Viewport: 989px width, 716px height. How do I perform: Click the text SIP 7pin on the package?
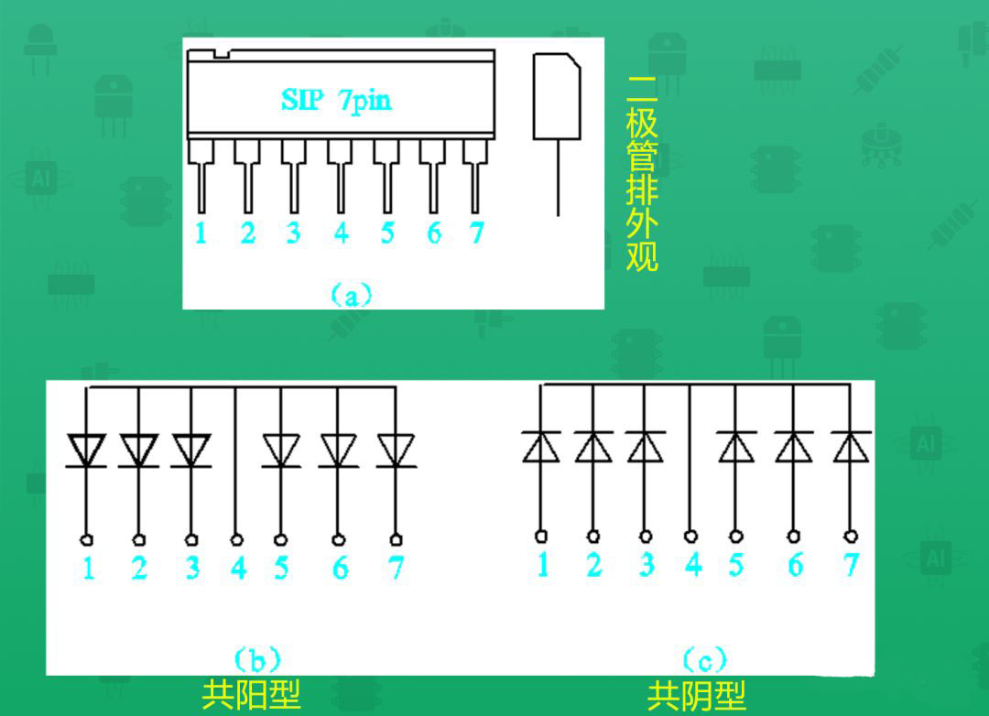[x=335, y=101]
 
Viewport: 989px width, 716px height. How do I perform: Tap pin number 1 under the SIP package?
[x=201, y=233]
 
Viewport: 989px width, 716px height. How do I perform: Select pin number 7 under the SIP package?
[x=477, y=233]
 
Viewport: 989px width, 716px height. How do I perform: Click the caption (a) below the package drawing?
[x=352, y=295]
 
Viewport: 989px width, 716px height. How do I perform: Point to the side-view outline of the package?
[x=557, y=96]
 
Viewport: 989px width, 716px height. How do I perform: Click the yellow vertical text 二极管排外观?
[x=642, y=174]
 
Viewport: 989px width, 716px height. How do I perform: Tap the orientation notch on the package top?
[x=222, y=54]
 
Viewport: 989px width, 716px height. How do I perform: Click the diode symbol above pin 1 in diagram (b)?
[x=86, y=450]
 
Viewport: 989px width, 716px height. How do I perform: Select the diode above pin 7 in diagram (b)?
[x=396, y=450]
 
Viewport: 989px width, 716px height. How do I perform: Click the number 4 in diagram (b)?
[x=238, y=568]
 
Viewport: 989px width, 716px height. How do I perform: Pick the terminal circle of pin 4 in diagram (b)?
[x=236, y=539]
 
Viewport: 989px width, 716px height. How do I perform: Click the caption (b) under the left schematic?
[x=257, y=660]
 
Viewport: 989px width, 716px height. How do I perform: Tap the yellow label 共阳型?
[x=251, y=695]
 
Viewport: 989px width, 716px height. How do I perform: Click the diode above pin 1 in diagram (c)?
[x=540, y=447]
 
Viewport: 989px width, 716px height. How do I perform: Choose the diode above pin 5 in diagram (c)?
[x=736, y=447]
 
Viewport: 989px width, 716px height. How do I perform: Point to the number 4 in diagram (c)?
[x=693, y=564]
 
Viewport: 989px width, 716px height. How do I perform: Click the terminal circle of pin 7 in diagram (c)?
[x=851, y=537]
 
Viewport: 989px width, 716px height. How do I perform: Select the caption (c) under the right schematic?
[x=704, y=660]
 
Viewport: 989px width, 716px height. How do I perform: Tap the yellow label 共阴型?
[x=696, y=696]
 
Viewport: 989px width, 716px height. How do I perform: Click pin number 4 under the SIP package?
[x=342, y=233]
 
